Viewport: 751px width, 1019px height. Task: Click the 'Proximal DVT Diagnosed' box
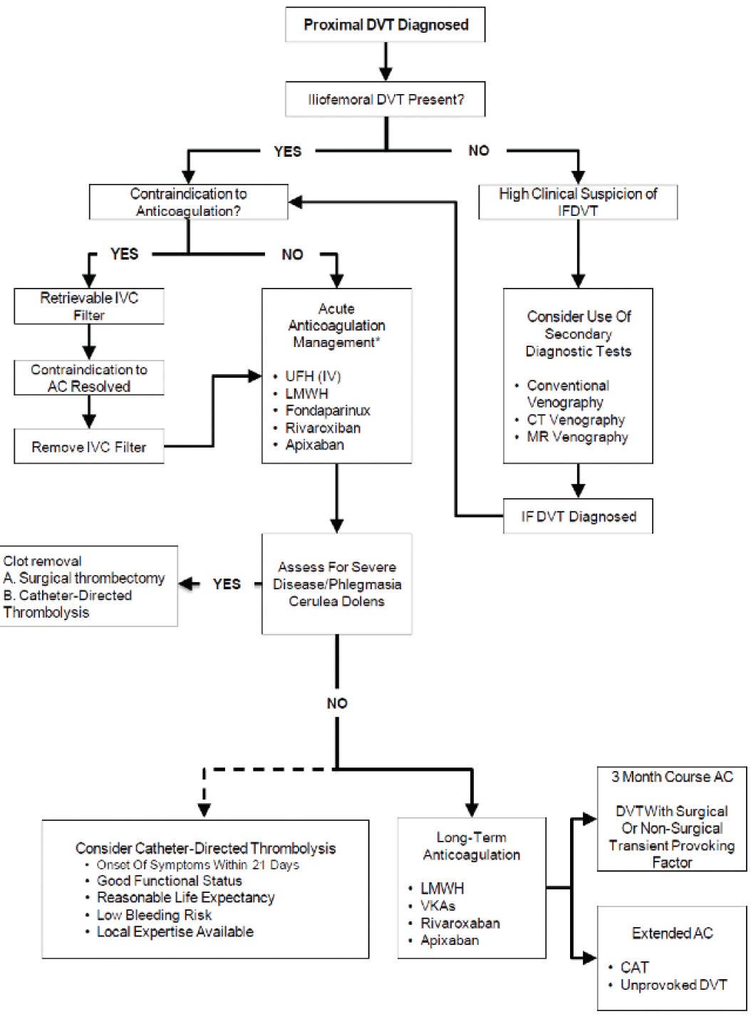click(385, 25)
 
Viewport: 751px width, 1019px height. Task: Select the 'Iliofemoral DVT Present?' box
click(385, 100)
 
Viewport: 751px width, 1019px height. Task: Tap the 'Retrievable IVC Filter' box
click(89, 306)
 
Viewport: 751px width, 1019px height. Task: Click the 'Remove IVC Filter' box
click(89, 447)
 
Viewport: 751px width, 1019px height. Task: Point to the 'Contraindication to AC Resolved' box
click(89, 378)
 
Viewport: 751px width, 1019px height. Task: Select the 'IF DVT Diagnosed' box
click(578, 517)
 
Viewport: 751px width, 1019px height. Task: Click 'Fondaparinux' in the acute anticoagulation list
click(327, 410)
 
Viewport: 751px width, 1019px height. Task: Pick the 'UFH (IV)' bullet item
click(313, 376)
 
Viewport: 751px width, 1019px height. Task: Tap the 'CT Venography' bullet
click(575, 420)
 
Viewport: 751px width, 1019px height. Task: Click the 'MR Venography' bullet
click(577, 437)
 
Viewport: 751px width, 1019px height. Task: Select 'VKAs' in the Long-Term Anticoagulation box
click(437, 906)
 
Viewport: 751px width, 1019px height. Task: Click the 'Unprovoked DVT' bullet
click(673, 985)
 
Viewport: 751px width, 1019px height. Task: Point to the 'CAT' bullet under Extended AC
click(634, 967)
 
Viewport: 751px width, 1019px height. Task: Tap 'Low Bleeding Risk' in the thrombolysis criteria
click(154, 915)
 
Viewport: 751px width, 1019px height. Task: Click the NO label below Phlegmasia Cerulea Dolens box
click(337, 703)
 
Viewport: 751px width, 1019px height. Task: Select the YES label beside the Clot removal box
click(227, 584)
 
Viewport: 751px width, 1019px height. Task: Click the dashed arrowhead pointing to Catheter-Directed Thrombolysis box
click(204, 809)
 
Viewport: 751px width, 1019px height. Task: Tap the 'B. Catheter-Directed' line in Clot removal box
click(68, 595)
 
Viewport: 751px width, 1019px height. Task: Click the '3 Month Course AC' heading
click(672, 777)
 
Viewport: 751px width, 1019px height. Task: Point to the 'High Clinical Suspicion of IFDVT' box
click(578, 202)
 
